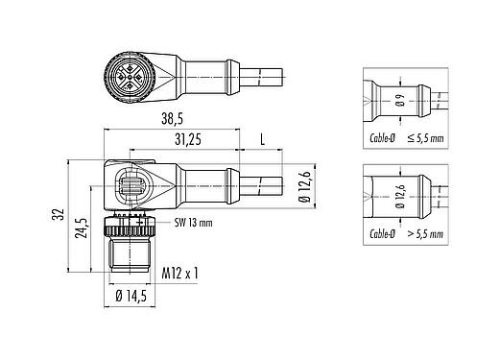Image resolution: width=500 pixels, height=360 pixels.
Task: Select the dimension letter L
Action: coord(265,140)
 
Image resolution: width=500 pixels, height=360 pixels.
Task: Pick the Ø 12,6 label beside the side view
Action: coord(303,184)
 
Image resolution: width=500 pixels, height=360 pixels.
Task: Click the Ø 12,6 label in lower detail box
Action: coord(400,204)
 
